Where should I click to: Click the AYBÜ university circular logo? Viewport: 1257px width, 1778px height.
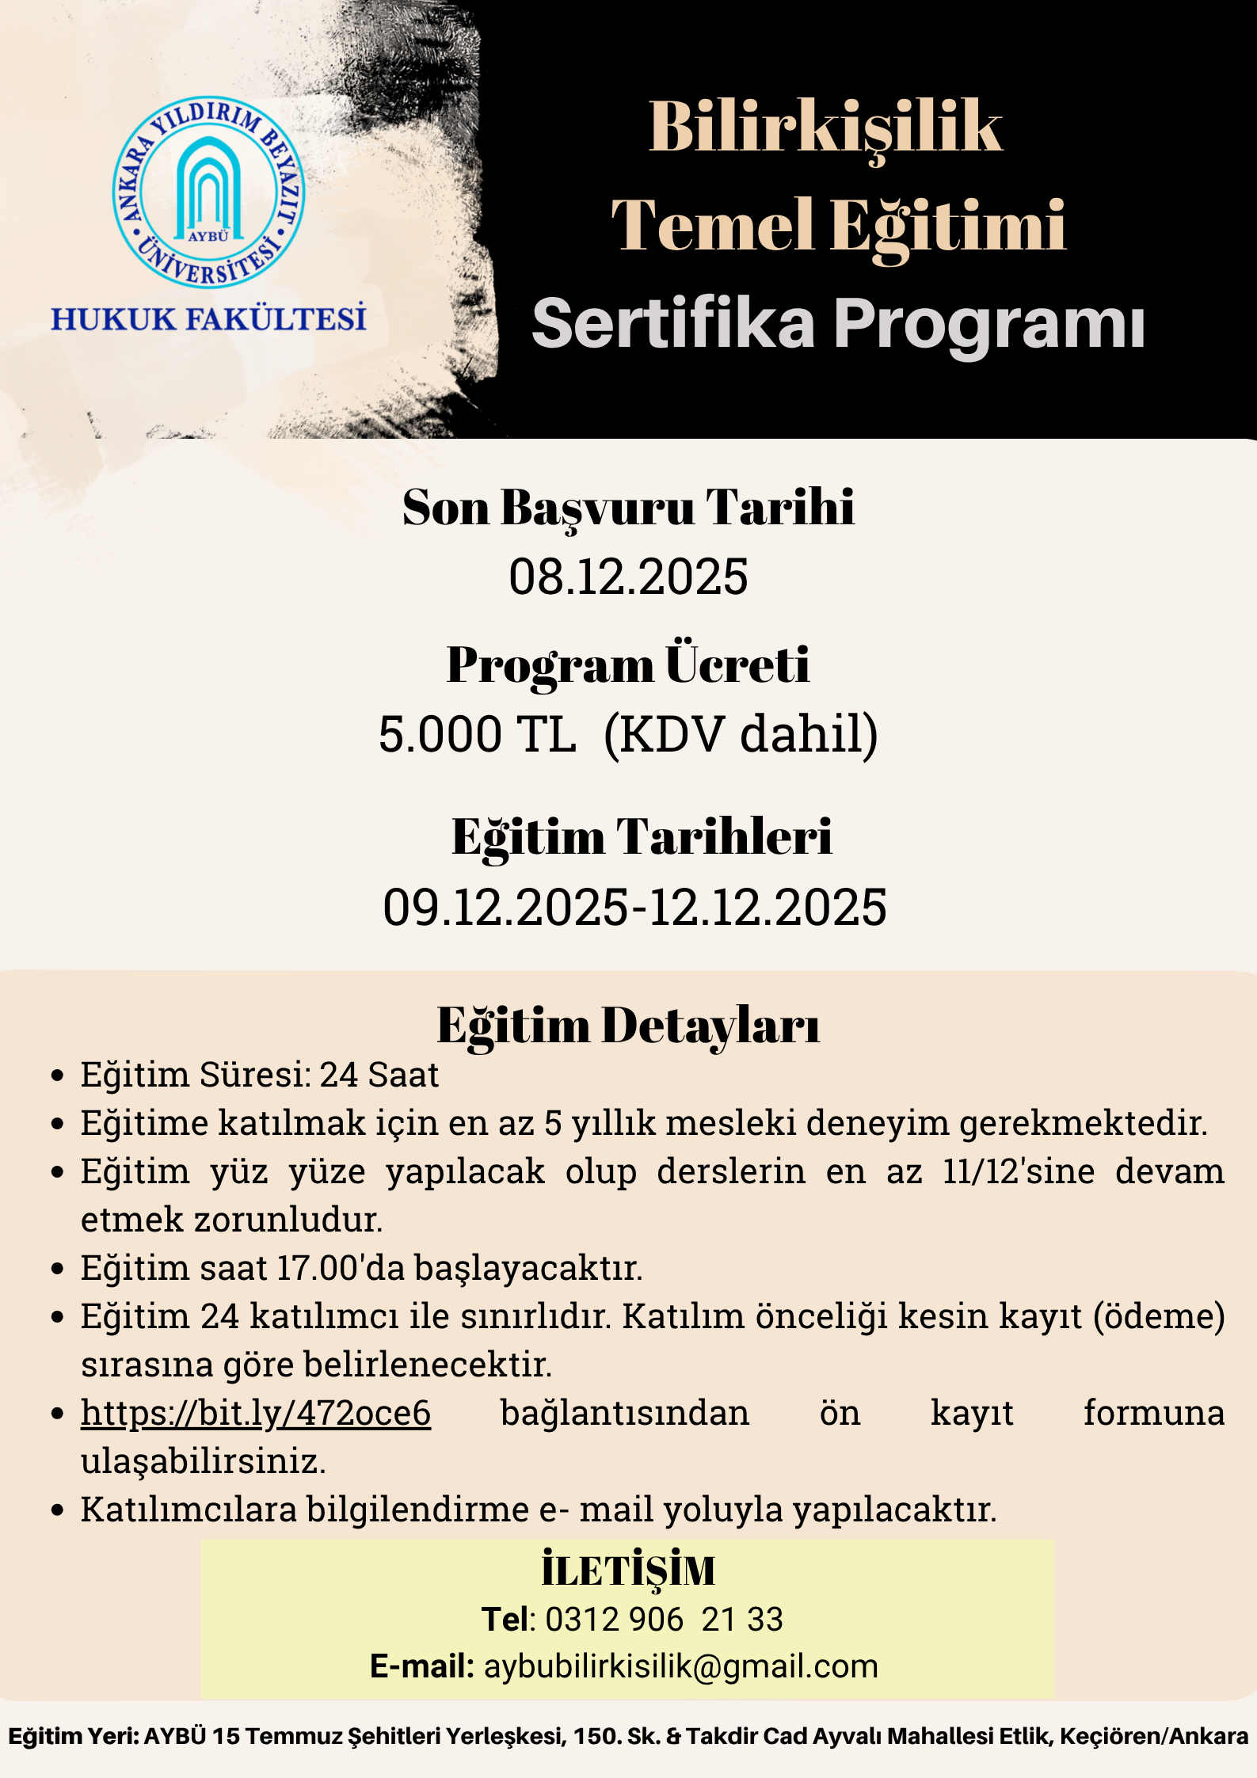pos(208,192)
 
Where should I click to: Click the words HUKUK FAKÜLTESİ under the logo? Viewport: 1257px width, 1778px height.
pos(208,319)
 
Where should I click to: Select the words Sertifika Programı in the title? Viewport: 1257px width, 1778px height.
pos(838,323)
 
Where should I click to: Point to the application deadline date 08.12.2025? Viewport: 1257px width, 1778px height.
pos(628,577)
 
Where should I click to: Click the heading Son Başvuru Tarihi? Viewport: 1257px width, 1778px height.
pos(628,507)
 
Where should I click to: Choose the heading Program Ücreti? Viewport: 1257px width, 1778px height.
pos(628,664)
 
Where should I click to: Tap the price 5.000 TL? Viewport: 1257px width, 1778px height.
pos(477,734)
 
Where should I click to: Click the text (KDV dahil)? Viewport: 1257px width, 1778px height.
pos(741,734)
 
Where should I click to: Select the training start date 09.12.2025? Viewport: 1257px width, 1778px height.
pos(505,908)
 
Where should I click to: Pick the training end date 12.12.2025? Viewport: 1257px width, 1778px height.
pos(768,908)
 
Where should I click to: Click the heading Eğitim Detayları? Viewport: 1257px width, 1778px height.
pos(628,1026)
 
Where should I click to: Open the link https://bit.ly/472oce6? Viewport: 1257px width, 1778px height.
pos(256,1413)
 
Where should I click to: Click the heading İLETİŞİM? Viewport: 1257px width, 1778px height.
pos(628,1571)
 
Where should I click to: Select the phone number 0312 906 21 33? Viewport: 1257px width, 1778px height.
pos(664,1619)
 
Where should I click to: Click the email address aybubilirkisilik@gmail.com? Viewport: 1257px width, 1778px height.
pos(681,1666)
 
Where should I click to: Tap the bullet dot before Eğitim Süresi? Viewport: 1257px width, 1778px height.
pos(57,1076)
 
